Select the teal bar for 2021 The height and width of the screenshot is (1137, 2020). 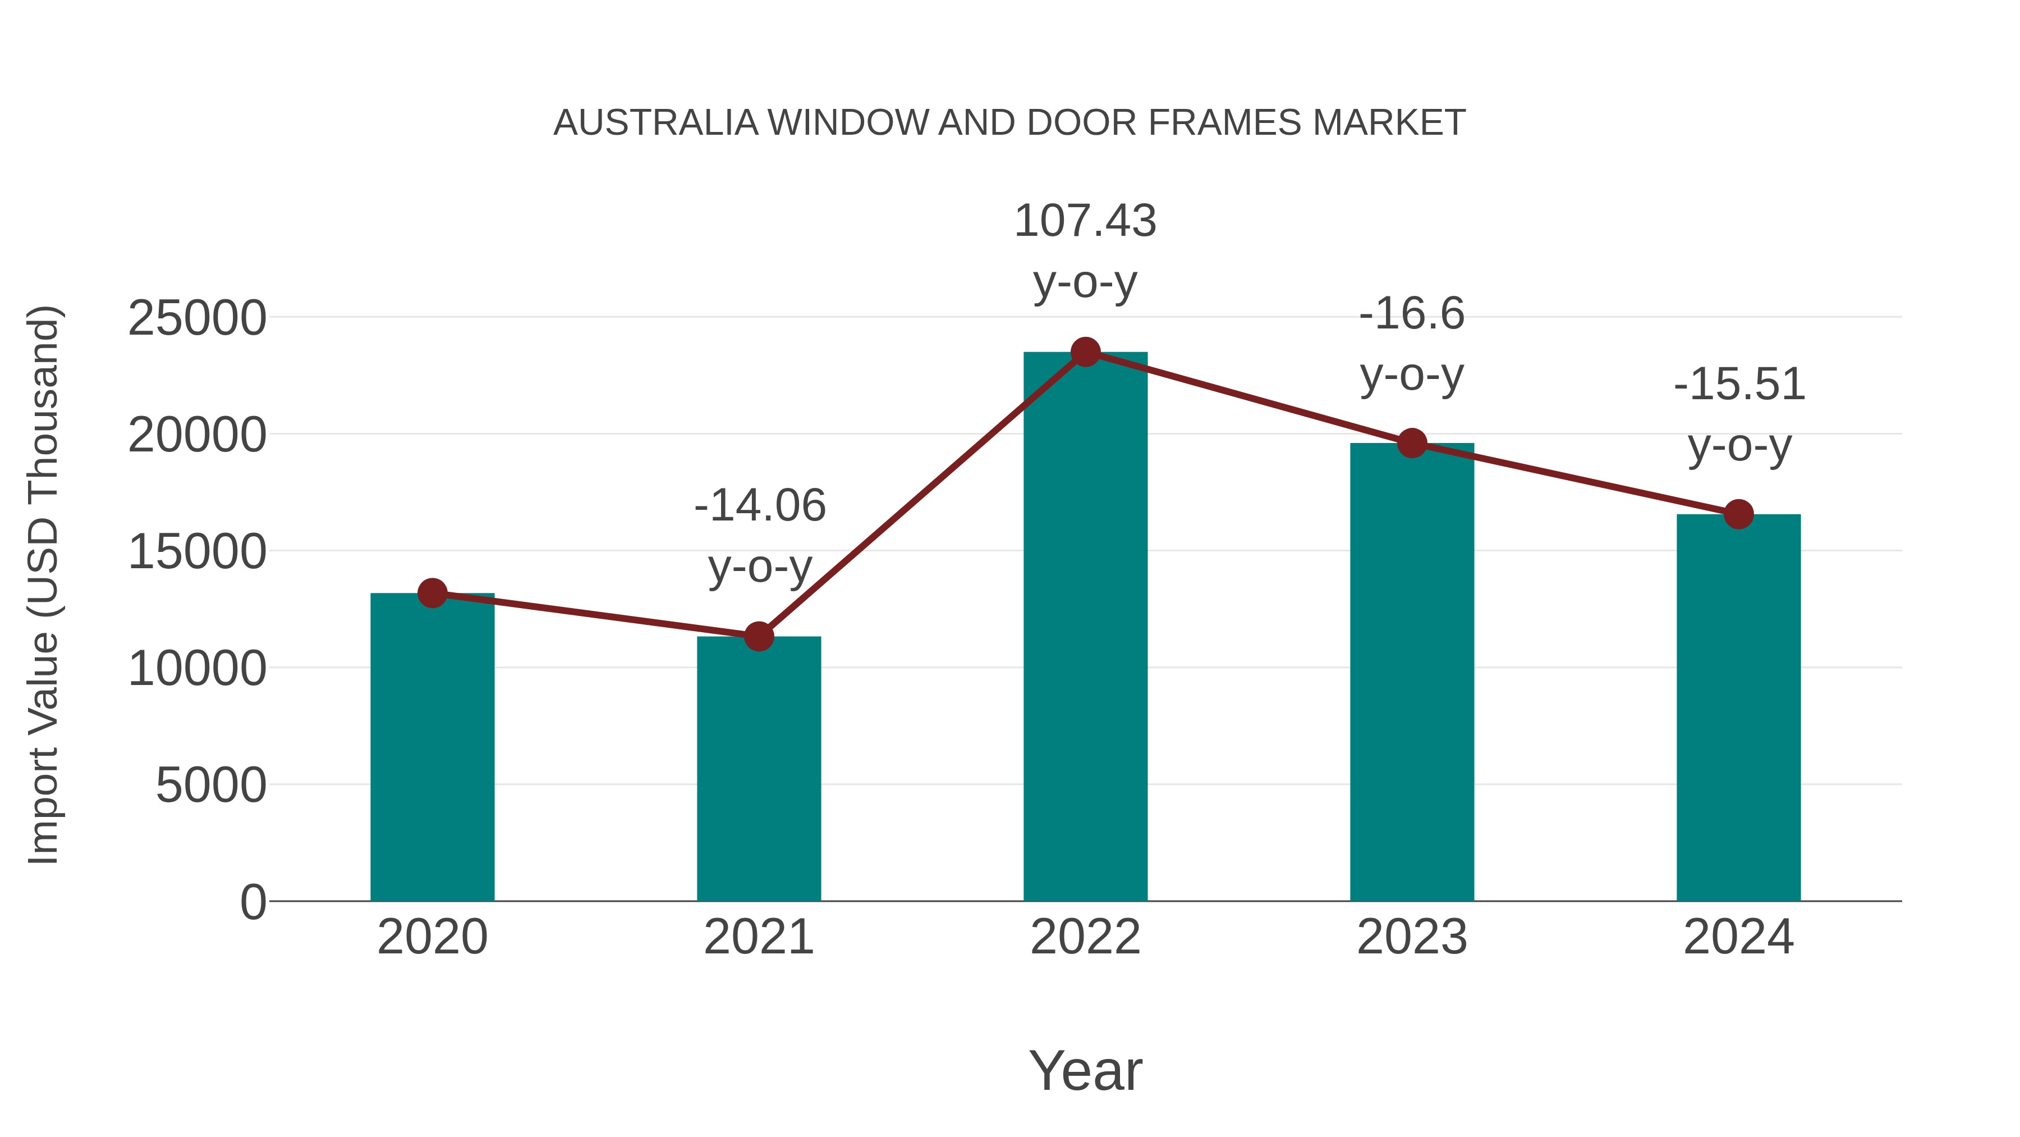[x=758, y=773]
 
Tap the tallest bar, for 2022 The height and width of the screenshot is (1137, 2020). [x=1085, y=628]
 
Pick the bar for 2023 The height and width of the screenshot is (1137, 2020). [x=1412, y=675]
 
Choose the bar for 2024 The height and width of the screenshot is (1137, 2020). [x=1738, y=710]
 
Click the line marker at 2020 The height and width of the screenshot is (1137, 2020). [x=432, y=593]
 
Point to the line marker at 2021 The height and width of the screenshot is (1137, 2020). [x=758, y=636]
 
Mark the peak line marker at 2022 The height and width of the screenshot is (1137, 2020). [x=1085, y=352]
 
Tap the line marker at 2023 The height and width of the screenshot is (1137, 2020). [x=1412, y=444]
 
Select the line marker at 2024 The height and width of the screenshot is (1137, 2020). [x=1738, y=514]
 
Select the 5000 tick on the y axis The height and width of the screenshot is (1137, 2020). [x=211, y=786]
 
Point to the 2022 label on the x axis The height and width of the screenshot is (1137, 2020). [x=1085, y=937]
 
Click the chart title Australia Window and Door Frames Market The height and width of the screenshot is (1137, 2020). [x=1009, y=123]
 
